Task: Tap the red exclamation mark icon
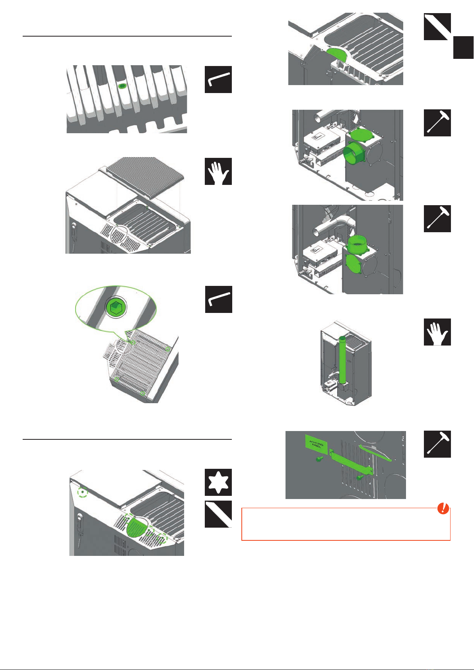click(x=443, y=508)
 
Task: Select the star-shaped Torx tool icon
click(x=218, y=482)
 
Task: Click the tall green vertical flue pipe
click(x=342, y=360)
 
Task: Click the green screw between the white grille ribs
click(x=122, y=86)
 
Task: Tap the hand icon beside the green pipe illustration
click(x=437, y=332)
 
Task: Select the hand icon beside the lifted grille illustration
click(x=218, y=171)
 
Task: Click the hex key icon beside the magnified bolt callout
click(x=219, y=299)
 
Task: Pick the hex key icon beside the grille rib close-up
click(x=218, y=80)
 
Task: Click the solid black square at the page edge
click(x=463, y=48)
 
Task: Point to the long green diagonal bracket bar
click(x=352, y=462)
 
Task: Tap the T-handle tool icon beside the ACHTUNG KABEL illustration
click(x=437, y=444)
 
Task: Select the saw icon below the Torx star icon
click(x=218, y=514)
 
